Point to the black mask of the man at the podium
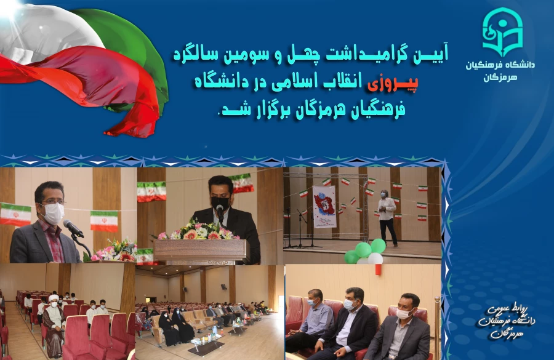(220, 202)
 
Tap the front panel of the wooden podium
(201, 250)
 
